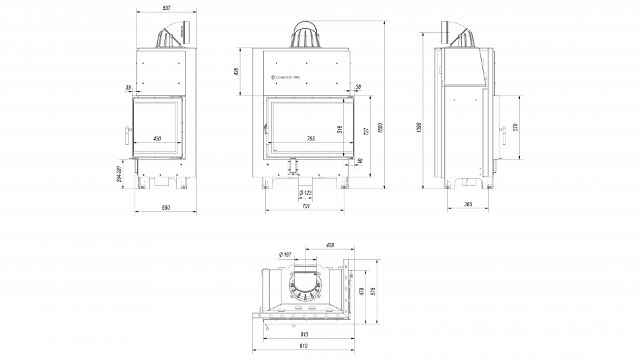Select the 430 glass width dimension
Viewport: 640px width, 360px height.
pos(157,138)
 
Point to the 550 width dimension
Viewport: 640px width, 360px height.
pos(166,208)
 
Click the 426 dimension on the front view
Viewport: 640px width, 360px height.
pos(236,71)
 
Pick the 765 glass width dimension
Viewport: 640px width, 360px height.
pos(311,138)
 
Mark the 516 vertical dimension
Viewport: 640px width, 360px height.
pos(340,129)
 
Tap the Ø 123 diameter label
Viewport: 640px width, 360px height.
pos(305,193)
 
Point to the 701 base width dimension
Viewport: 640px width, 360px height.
pos(305,207)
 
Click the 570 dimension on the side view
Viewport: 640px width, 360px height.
pos(515,127)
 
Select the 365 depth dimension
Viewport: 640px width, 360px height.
pos(468,205)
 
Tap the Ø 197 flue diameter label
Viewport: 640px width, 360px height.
pos(285,254)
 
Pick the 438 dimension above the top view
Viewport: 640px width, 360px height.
pos(330,245)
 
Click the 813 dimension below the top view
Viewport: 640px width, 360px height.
pos(304,335)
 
